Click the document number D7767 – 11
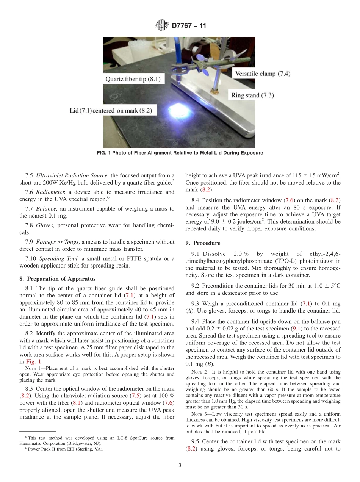pos(189,26)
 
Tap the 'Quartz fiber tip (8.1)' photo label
pos(133,79)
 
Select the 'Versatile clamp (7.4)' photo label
pos(263,74)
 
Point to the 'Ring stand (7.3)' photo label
pos(252,95)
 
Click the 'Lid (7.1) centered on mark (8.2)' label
pos(111,110)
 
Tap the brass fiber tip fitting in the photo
pos(215,91)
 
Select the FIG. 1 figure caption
pos(179,153)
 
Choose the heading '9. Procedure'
pos(203,243)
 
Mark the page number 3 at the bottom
pos(180,465)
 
